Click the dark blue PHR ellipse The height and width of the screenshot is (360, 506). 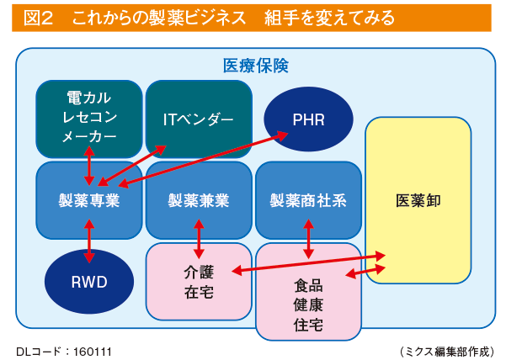coord(308,119)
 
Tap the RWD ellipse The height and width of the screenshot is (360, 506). coord(89,282)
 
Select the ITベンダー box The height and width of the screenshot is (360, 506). coord(199,119)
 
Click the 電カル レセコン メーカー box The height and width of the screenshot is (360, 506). coord(89,119)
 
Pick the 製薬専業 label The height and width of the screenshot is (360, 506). coord(89,200)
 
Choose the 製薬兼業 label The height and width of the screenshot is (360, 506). coord(199,200)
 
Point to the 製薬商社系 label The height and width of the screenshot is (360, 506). coord(308,200)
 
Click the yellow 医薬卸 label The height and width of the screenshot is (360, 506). coord(418,200)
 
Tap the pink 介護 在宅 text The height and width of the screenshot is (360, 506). coord(199,283)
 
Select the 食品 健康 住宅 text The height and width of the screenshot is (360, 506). coord(308,304)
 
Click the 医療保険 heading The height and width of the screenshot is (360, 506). coord(256,66)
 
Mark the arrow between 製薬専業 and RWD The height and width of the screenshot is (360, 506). coord(89,241)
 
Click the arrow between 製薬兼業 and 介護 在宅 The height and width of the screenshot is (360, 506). coord(199,239)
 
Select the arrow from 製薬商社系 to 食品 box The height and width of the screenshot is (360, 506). coord(308,239)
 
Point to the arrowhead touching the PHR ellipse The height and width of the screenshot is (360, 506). coord(281,135)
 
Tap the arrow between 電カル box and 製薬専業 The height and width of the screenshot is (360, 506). coord(89,166)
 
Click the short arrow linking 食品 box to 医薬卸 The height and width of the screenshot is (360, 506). coord(365,272)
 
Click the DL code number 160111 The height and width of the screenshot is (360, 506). coord(93,352)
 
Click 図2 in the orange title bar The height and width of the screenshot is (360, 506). coord(38,18)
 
